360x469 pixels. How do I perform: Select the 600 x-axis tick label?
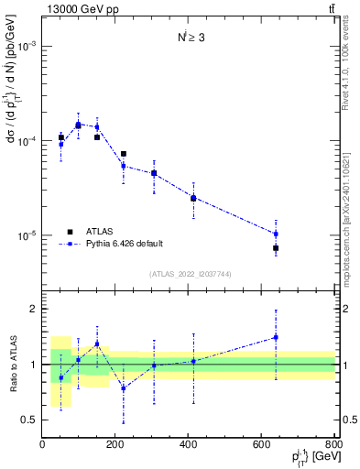point(262,446)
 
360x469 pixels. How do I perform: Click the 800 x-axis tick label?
point(333,446)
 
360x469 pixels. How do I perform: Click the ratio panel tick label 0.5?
point(28,420)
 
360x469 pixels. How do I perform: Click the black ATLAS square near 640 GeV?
point(276,248)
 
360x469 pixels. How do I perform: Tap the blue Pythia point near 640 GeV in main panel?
point(276,234)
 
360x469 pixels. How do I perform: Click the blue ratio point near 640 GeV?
point(276,337)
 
